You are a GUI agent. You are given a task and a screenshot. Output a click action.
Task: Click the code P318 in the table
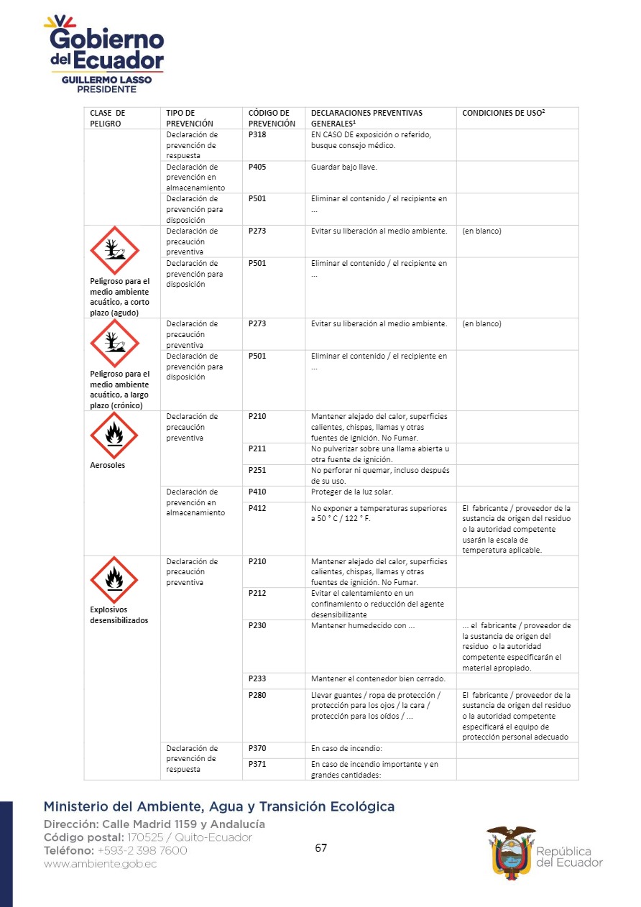[x=257, y=134]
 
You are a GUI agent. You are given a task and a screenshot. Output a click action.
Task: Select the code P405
[x=257, y=167]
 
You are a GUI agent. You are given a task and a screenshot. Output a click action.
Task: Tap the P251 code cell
[x=257, y=471]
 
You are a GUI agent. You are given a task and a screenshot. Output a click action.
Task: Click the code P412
[x=257, y=508]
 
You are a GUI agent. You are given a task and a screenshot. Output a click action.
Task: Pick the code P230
[x=257, y=625]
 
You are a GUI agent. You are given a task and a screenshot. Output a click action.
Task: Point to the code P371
[x=257, y=765]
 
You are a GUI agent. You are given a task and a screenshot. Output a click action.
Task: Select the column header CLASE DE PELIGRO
[x=108, y=118]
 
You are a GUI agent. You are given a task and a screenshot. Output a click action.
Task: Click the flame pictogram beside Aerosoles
[x=114, y=435]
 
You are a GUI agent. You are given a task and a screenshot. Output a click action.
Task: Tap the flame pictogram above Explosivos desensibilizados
[x=114, y=579]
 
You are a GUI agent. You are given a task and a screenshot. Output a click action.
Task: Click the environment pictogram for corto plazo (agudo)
[x=114, y=250]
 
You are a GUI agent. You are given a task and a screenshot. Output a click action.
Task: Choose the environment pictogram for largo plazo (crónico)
[x=114, y=343]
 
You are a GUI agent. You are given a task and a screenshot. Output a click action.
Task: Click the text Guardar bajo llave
[x=343, y=167]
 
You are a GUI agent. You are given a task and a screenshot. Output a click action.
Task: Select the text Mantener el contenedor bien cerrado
[x=378, y=679]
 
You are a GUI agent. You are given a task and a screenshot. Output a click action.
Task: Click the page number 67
[x=320, y=848]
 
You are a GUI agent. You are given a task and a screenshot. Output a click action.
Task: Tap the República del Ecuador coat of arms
[x=511, y=850]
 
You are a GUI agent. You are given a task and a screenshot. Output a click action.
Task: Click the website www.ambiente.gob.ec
[x=100, y=864]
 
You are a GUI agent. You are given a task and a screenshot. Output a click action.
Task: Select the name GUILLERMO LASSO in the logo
[x=106, y=80]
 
